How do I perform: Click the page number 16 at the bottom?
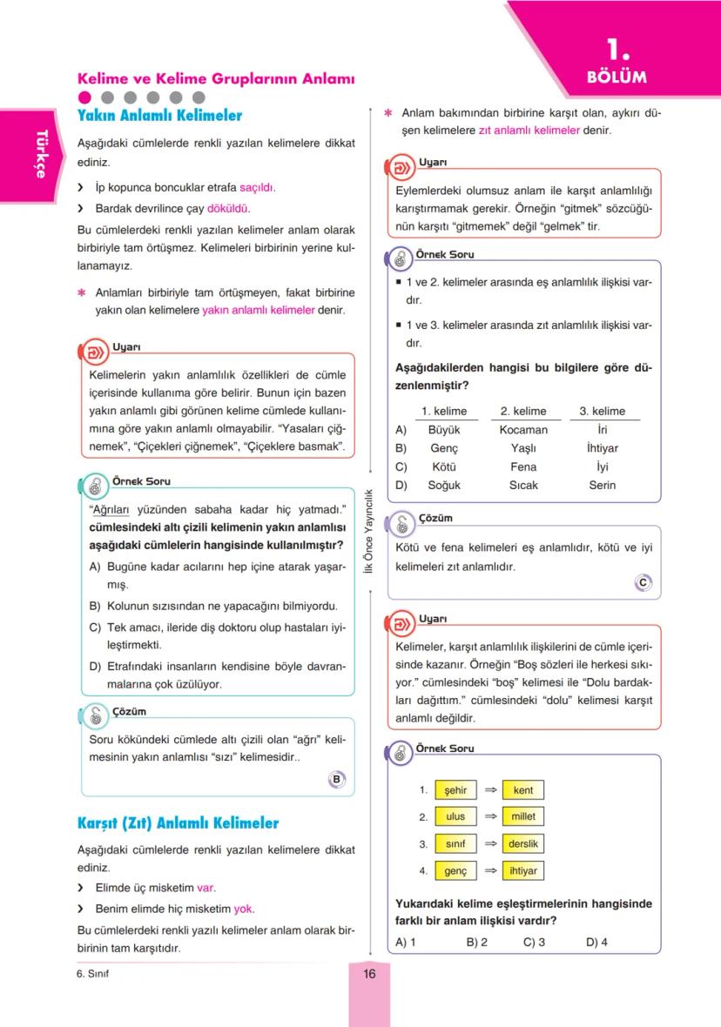pos(369,974)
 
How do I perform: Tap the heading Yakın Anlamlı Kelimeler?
pos(159,116)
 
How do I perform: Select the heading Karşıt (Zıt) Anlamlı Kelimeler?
pos(178,822)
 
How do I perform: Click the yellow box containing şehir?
pos(455,790)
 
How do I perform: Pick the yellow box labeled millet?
pos(523,816)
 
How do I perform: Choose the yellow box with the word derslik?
pos(523,843)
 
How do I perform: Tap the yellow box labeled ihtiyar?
pos(523,870)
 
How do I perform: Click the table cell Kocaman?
pos(523,429)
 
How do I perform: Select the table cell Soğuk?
pos(444,485)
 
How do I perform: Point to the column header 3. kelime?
pos(603,411)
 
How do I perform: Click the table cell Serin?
pos(603,485)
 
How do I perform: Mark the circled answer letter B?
pos(337,779)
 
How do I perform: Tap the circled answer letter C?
pos(643,583)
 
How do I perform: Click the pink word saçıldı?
pos(257,187)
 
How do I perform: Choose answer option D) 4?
pos(596,942)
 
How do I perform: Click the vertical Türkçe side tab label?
pos(40,154)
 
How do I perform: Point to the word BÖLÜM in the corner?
pos(617,77)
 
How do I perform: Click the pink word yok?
pos(243,909)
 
